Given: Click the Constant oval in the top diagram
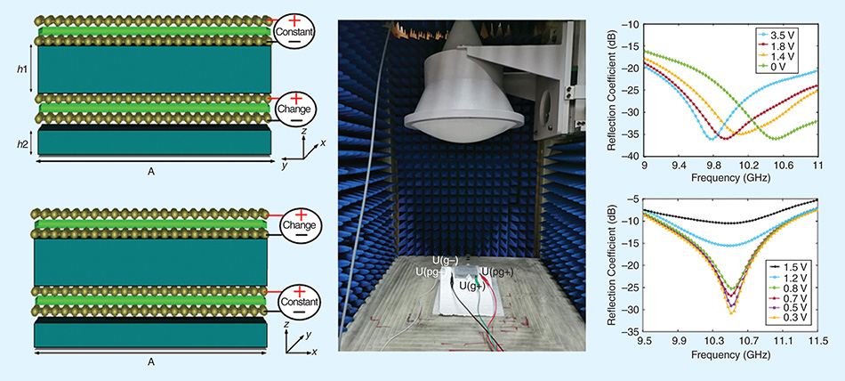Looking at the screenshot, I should coord(294,32).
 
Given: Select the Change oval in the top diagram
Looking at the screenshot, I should coord(294,106).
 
